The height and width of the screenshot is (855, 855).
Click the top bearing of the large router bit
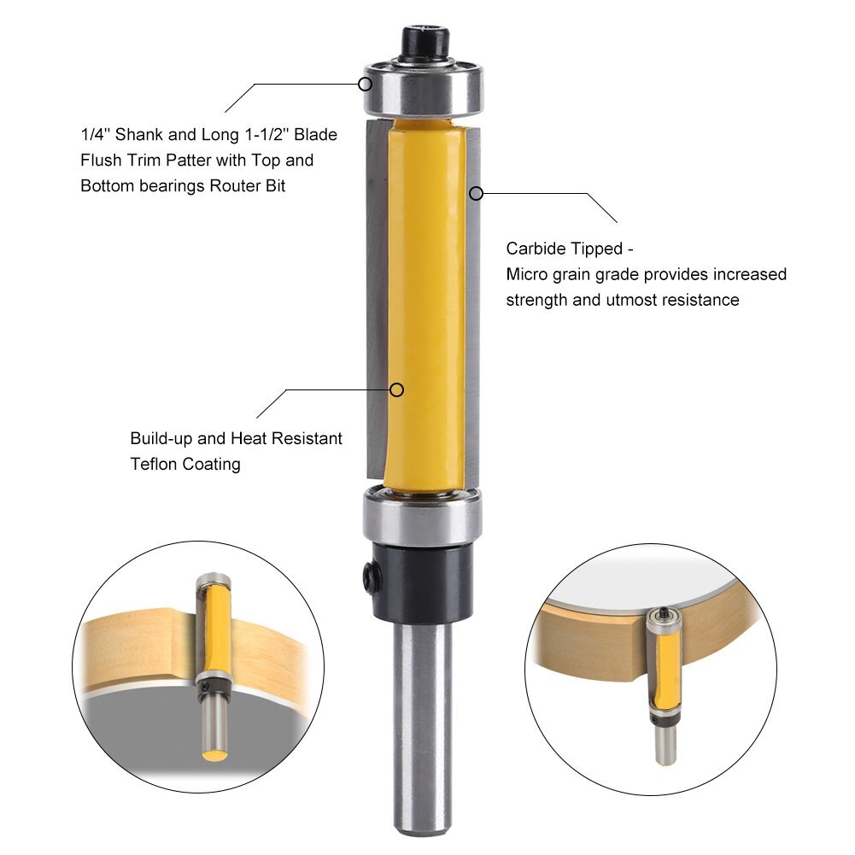pyautogui.click(x=425, y=89)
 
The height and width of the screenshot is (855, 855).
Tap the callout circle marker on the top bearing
pyautogui.click(x=366, y=84)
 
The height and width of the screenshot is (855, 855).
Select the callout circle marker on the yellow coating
pyautogui.click(x=396, y=389)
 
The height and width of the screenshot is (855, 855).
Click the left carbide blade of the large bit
pyautogui.click(x=375, y=299)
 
